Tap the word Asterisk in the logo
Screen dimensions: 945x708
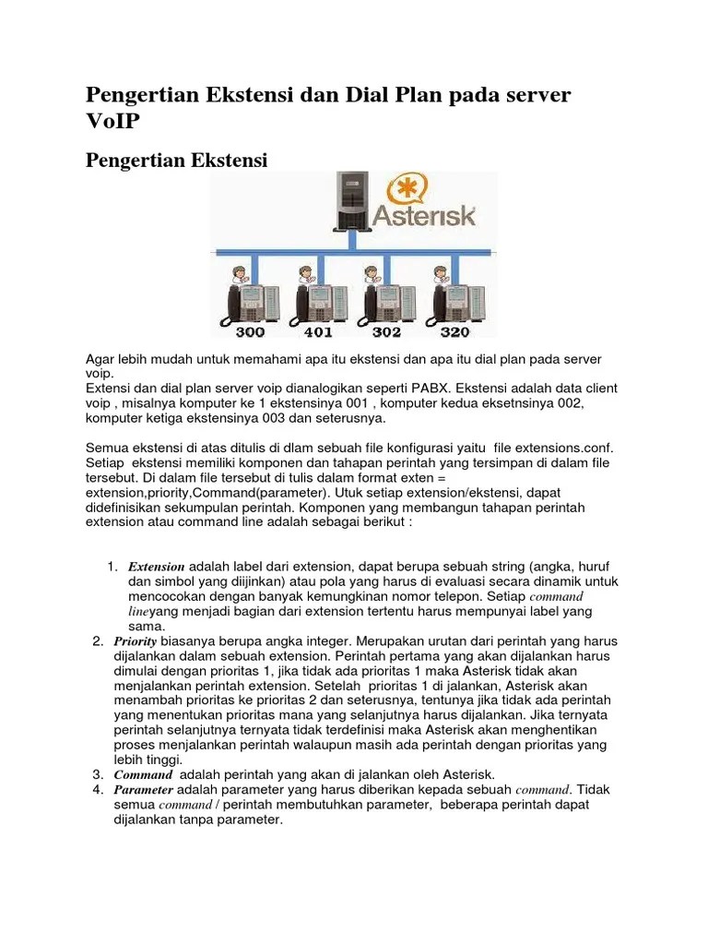pos(424,216)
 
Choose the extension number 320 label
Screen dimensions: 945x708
pos(454,332)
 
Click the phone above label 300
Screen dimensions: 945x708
pos(244,303)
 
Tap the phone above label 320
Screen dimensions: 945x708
pos(453,303)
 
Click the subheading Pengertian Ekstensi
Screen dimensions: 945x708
pos(176,161)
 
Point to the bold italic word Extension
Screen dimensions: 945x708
pos(156,566)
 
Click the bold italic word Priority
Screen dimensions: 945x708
pos(136,640)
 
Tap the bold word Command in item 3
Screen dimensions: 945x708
pos(143,774)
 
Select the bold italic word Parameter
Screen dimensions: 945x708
pos(144,790)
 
